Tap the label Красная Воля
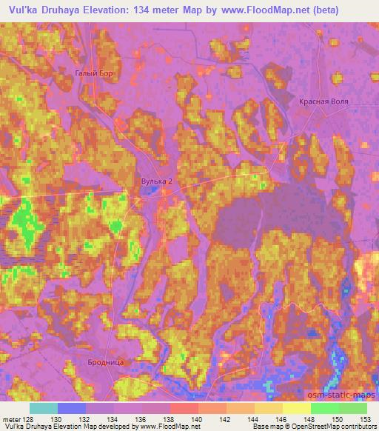(323, 101)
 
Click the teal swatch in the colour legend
(43, 408)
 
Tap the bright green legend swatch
(324, 408)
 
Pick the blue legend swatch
(71, 408)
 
